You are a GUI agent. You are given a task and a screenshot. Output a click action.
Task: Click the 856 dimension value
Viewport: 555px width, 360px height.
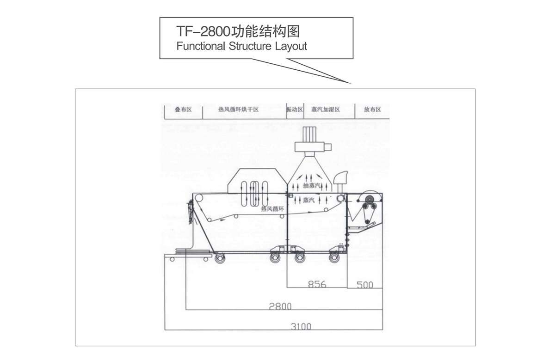[317, 284]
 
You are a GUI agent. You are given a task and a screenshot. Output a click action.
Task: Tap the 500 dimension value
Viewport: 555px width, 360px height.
[365, 285]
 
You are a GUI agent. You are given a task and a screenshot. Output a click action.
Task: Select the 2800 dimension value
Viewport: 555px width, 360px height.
[281, 305]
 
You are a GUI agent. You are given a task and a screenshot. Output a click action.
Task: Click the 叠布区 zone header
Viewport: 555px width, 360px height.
[183, 110]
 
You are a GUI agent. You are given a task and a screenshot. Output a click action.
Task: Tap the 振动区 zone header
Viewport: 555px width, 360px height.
[295, 110]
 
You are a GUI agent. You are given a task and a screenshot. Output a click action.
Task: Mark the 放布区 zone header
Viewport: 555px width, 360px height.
[372, 110]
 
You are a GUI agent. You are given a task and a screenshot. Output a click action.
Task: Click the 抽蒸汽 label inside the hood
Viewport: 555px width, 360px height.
[313, 186]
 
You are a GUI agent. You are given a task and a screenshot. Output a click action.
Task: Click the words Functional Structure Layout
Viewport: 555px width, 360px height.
[241, 47]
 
